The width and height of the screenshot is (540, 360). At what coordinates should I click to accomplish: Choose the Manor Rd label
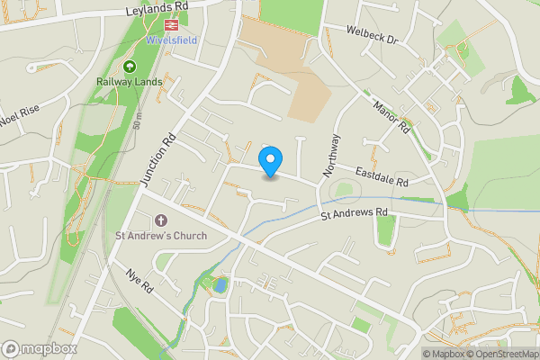pyautogui.click(x=391, y=115)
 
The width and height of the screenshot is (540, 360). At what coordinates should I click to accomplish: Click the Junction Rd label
pyautogui.click(x=157, y=160)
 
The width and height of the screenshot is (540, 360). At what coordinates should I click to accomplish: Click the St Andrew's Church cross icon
pyautogui.click(x=161, y=220)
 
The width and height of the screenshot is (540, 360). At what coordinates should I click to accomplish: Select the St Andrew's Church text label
pyautogui.click(x=161, y=237)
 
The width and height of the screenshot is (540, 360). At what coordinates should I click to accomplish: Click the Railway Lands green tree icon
pyautogui.click(x=129, y=67)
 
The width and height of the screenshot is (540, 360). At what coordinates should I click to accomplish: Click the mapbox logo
pyautogui.click(x=40, y=348)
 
